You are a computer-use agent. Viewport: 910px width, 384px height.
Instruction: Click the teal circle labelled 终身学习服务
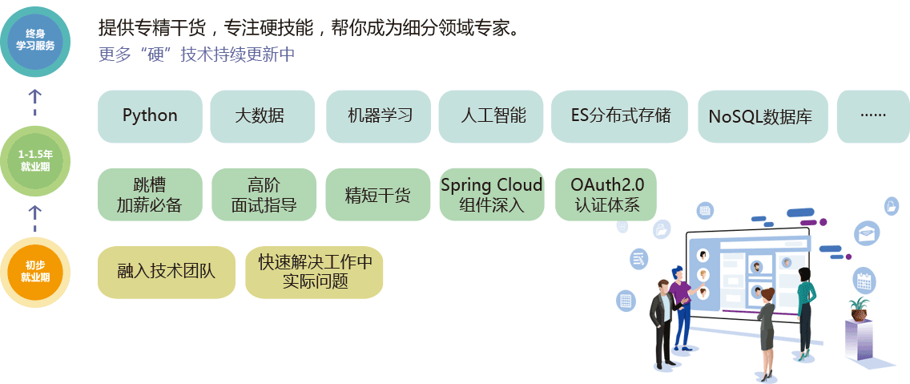[35, 39]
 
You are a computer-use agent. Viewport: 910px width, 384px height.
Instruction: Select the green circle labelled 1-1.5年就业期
[35, 161]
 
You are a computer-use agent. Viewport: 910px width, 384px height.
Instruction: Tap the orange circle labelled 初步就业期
[35, 272]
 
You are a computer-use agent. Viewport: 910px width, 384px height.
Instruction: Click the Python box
[150, 116]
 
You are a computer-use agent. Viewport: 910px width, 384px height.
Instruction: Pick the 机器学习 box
[378, 116]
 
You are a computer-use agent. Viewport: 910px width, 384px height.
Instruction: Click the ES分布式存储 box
[620, 116]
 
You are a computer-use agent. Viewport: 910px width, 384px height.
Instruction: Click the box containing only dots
[872, 116]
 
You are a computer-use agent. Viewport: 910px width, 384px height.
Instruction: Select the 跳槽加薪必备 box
[150, 195]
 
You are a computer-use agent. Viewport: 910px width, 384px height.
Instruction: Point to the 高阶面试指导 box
[264, 195]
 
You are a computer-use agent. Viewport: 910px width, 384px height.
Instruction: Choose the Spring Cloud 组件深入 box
[491, 195]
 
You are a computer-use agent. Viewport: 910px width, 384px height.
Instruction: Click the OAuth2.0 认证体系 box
[606, 195]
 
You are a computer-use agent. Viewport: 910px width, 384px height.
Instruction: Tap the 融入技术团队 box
[167, 271]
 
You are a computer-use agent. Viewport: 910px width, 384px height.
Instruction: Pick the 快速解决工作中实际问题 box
[314, 271]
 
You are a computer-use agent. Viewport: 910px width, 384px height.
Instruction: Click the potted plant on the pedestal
[860, 308]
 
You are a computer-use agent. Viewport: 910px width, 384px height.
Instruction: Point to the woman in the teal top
[804, 309]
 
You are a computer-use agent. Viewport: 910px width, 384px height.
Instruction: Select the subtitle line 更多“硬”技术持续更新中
[197, 55]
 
